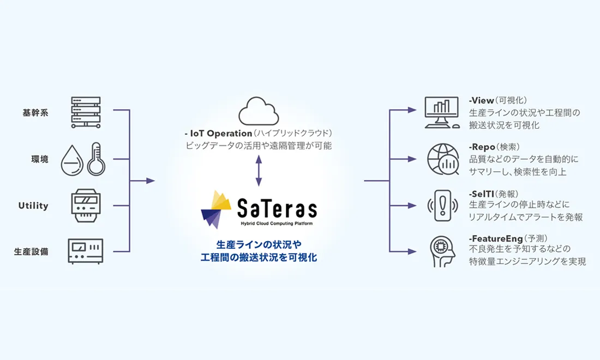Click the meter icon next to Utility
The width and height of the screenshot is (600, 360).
pyautogui.click(x=86, y=206)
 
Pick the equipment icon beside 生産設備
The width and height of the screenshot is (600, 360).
pyautogui.click(x=86, y=250)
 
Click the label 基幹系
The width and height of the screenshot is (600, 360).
pyautogui.click(x=35, y=113)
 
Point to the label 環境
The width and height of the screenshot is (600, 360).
pyautogui.click(x=39, y=159)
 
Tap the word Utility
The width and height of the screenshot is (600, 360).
pyautogui.click(x=33, y=206)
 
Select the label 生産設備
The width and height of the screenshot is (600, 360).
pyautogui.click(x=31, y=251)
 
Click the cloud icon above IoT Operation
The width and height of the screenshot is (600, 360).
pyautogui.click(x=259, y=111)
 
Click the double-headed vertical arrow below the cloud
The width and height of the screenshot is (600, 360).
pyautogui.click(x=259, y=170)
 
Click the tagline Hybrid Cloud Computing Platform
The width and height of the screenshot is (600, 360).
pyautogui.click(x=277, y=223)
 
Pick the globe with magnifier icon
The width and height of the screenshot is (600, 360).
pyautogui.click(x=443, y=159)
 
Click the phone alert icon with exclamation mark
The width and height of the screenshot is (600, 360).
pyautogui.click(x=443, y=206)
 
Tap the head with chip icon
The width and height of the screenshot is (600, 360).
pyautogui.click(x=443, y=251)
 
